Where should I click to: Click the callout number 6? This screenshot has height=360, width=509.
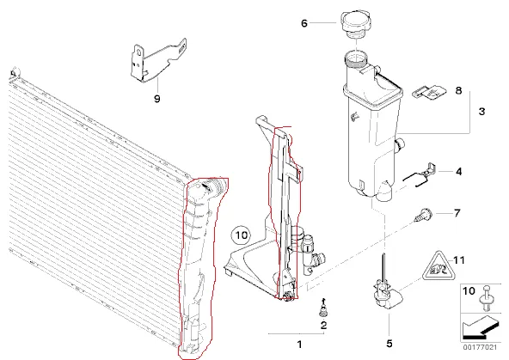pyautogui.click(x=304, y=23)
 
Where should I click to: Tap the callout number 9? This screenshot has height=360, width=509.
pyautogui.click(x=157, y=99)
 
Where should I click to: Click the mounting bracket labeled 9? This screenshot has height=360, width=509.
pyautogui.click(x=157, y=61)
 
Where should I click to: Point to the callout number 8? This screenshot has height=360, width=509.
pyautogui.click(x=458, y=90)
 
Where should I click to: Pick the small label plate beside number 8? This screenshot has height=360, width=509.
pyautogui.click(x=429, y=92)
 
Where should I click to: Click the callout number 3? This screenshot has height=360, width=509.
pyautogui.click(x=481, y=112)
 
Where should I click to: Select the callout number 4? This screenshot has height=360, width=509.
pyautogui.click(x=458, y=172)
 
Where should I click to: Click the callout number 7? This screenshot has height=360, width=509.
pyautogui.click(x=457, y=213)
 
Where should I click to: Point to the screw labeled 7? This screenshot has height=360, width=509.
pyautogui.click(x=423, y=215)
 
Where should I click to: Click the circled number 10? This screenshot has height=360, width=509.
pyautogui.click(x=242, y=235)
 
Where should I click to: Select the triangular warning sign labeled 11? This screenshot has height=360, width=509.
pyautogui.click(x=438, y=266)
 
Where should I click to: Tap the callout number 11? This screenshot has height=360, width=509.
pyautogui.click(x=458, y=260)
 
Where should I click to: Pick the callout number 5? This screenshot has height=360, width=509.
pyautogui.click(x=389, y=344)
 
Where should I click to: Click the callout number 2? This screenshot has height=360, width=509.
pyautogui.click(x=323, y=326)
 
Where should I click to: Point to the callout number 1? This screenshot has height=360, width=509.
pyautogui.click(x=299, y=345)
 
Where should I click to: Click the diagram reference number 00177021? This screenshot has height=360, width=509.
pyautogui.click(x=480, y=347)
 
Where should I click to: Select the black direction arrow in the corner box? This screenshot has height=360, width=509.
pyautogui.click(x=480, y=327)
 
